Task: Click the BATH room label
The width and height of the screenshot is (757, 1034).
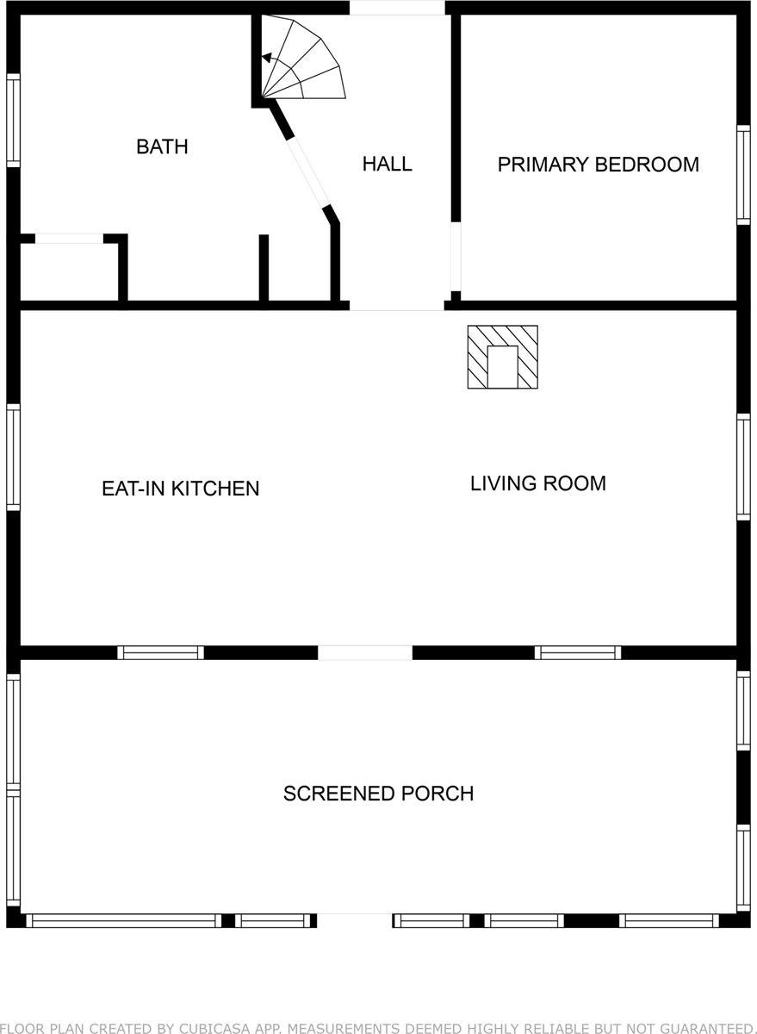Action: (x=162, y=146)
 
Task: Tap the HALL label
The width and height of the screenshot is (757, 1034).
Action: (x=387, y=164)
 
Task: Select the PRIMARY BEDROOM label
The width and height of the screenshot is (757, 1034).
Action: (x=598, y=165)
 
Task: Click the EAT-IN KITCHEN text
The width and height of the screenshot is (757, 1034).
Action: (x=180, y=489)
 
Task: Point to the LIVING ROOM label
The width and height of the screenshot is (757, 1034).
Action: (x=537, y=483)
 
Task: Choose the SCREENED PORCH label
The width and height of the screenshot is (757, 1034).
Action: (x=378, y=794)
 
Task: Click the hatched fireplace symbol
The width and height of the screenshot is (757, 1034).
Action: (x=502, y=357)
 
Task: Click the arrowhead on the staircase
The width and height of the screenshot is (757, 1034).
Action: (x=267, y=59)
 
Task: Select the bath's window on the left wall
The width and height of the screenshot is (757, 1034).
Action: (x=13, y=120)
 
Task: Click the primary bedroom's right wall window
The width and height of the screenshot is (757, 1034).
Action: (x=743, y=175)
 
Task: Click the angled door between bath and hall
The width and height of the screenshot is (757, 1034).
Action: (x=308, y=172)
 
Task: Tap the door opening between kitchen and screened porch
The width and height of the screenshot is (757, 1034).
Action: (x=365, y=652)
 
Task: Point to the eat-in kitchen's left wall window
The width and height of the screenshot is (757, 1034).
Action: (x=13, y=458)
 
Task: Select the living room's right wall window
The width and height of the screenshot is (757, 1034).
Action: (x=743, y=466)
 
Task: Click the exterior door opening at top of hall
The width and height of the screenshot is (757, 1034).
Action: (x=396, y=8)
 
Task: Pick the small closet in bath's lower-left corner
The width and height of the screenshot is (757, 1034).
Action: (x=69, y=271)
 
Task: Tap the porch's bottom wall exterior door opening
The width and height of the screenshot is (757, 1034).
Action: (x=354, y=920)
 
